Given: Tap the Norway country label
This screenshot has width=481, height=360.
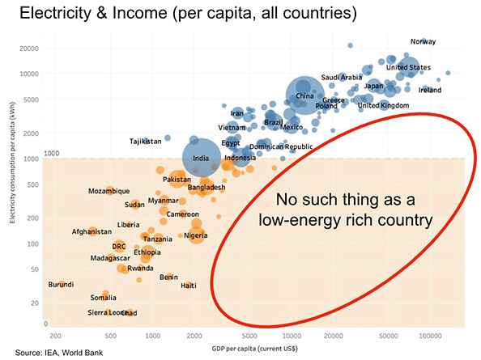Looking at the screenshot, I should [423, 41].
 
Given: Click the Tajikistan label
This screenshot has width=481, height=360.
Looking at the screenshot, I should [146, 142].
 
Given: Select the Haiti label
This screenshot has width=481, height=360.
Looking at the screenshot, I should [189, 285].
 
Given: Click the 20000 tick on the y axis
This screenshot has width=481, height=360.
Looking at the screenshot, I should [31, 48].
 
